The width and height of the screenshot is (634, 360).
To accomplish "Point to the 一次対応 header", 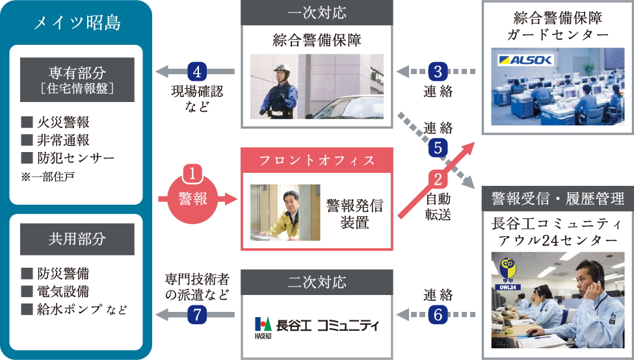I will [x=317, y=13].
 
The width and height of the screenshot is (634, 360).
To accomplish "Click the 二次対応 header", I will [x=317, y=283].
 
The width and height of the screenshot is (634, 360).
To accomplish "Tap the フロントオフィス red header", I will [x=317, y=160].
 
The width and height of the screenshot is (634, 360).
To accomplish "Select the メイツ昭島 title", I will [x=77, y=24].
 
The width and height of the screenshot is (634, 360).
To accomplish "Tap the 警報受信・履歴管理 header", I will [x=558, y=198].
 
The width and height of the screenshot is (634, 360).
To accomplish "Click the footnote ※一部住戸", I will [x=47, y=176].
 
